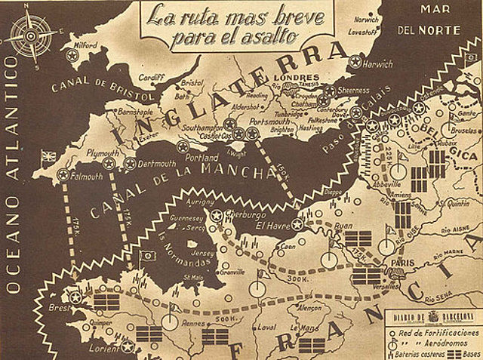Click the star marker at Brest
(75, 298)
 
